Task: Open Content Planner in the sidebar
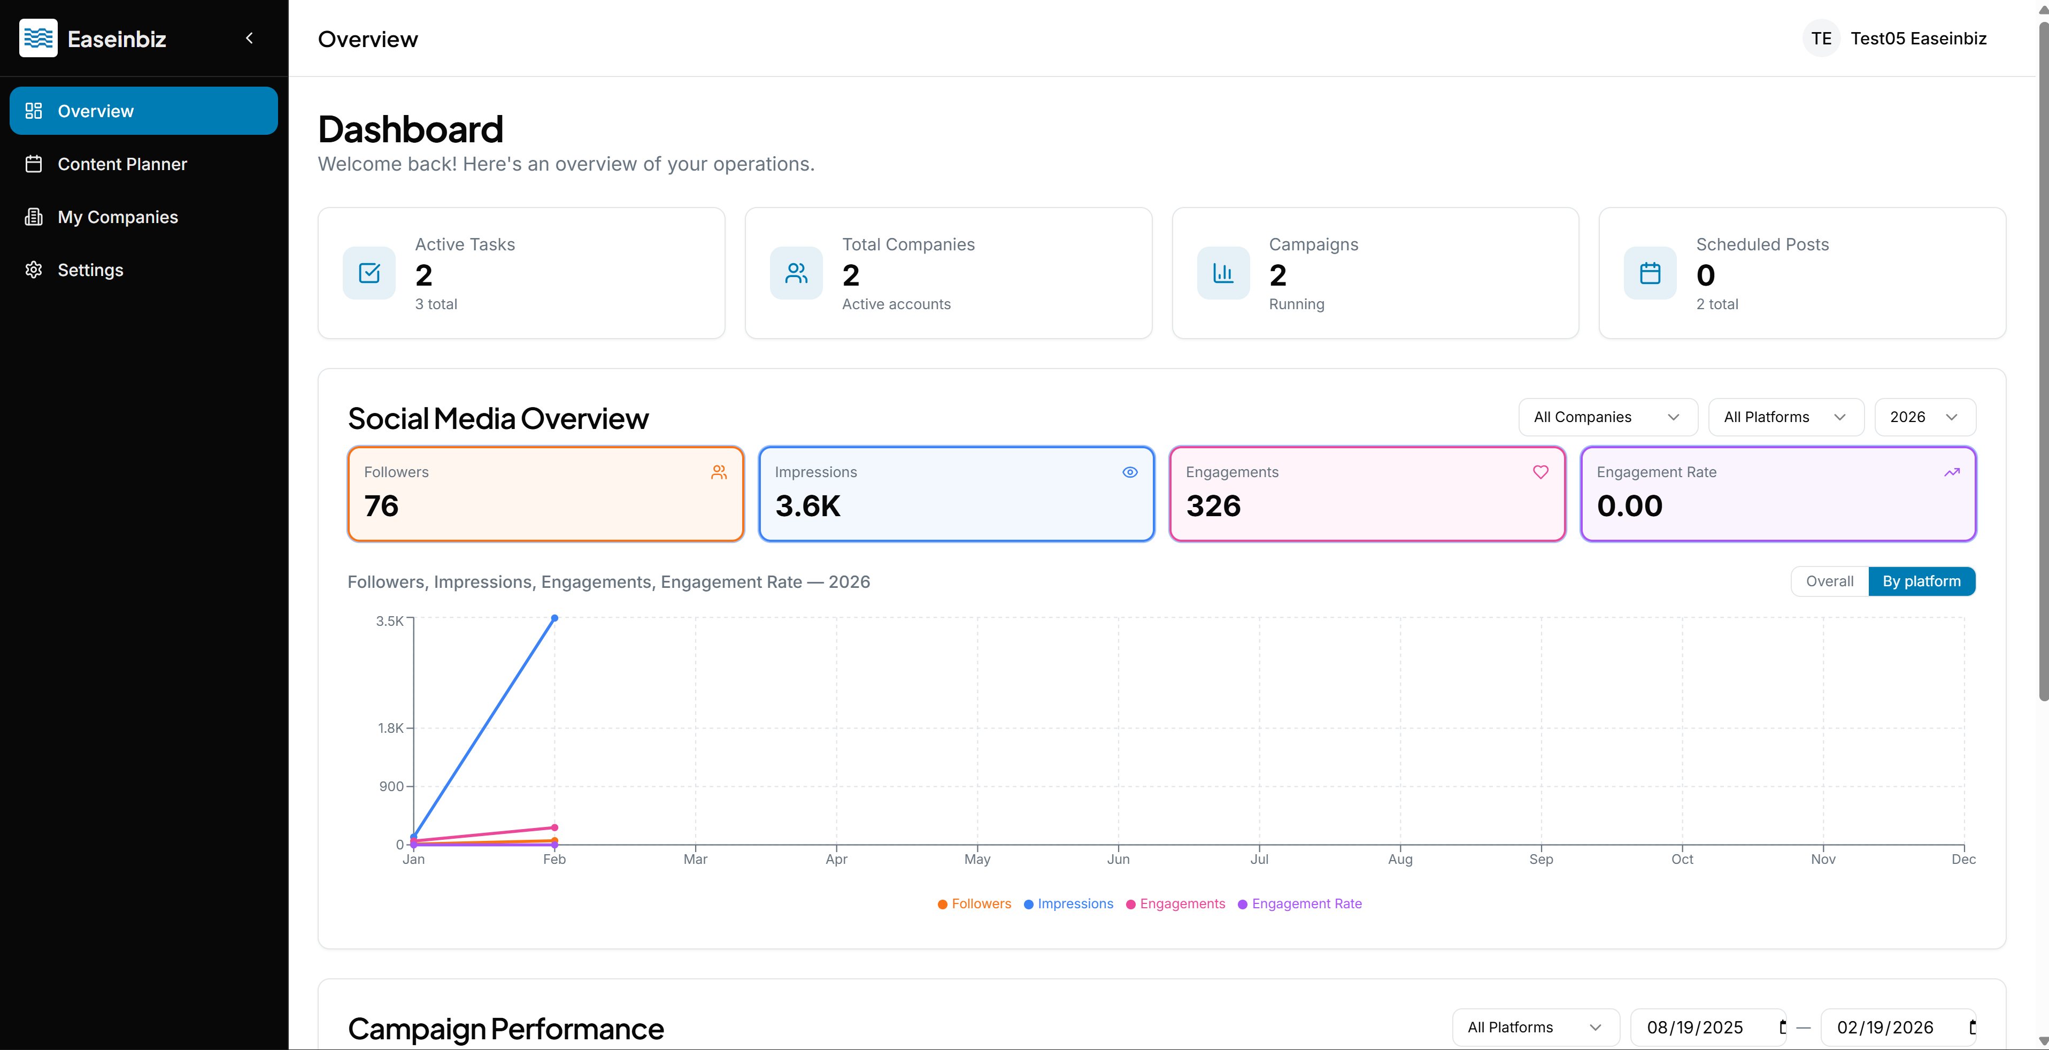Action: (x=122, y=164)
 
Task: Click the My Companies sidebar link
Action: (x=117, y=217)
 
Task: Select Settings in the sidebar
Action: (x=90, y=270)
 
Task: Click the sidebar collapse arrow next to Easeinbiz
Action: (x=249, y=38)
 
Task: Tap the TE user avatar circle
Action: (x=1820, y=38)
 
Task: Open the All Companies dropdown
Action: (x=1607, y=417)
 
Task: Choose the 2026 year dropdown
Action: (x=1923, y=417)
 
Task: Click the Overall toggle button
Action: (x=1829, y=581)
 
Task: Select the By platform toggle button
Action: (x=1921, y=581)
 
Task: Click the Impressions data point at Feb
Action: (x=554, y=618)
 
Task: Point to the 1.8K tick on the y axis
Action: (x=390, y=728)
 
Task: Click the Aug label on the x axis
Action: (x=1400, y=859)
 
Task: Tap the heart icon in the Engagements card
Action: (x=1540, y=472)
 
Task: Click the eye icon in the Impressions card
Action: (x=1129, y=472)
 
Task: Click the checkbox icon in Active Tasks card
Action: (x=369, y=273)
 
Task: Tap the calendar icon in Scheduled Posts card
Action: (x=1650, y=273)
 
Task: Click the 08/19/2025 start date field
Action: (x=1695, y=1027)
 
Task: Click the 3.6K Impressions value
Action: (x=807, y=506)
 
